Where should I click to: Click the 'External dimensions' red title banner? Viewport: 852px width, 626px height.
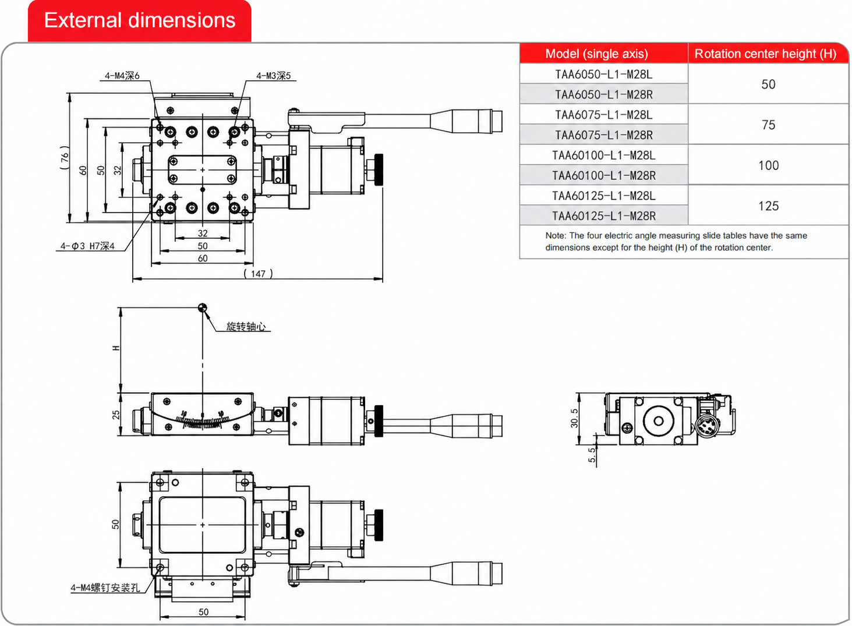click(140, 20)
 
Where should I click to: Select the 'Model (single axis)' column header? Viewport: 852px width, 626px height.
click(596, 54)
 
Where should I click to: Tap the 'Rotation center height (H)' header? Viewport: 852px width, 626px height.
click(765, 54)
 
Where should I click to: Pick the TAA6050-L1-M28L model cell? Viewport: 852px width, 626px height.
click(604, 74)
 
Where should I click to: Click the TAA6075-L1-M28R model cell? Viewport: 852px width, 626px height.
click(604, 135)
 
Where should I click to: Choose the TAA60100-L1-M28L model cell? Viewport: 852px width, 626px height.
click(604, 155)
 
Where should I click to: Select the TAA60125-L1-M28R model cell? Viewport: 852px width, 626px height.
click(604, 216)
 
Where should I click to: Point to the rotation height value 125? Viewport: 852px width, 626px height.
click(768, 206)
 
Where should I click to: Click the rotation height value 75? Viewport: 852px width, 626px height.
click(768, 125)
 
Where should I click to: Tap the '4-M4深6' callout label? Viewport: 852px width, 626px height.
click(122, 76)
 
